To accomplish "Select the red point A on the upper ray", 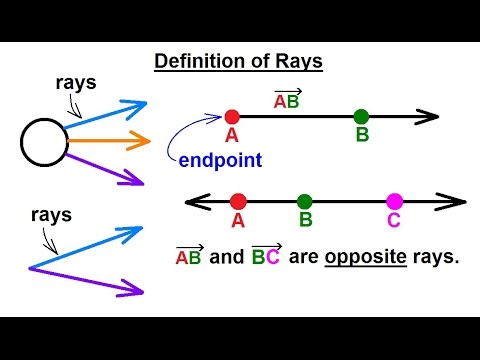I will [x=232, y=117].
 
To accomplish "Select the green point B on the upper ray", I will [x=361, y=117].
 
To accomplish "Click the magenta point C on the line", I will [x=394, y=202].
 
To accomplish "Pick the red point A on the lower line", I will [x=238, y=202].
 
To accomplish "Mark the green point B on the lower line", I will [x=304, y=202].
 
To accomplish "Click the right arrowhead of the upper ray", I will [x=428, y=117].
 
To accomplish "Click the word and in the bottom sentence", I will [x=226, y=257].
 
